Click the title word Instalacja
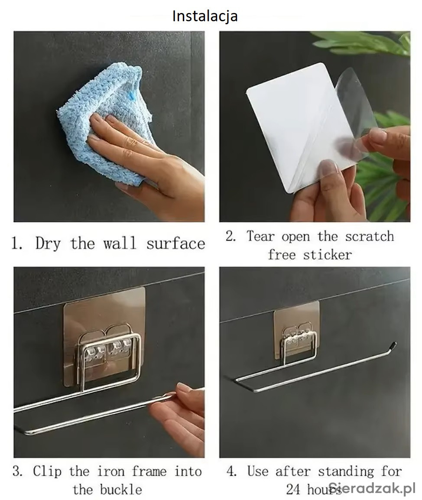(x=205, y=16)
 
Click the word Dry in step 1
(x=48, y=244)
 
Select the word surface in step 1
(x=175, y=244)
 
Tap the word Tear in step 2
(x=260, y=236)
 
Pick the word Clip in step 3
(x=47, y=471)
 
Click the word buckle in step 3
(x=121, y=490)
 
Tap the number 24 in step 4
(x=293, y=489)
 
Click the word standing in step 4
(x=346, y=471)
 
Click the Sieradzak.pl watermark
(x=372, y=488)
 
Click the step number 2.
(x=230, y=236)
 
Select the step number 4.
(x=230, y=471)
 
